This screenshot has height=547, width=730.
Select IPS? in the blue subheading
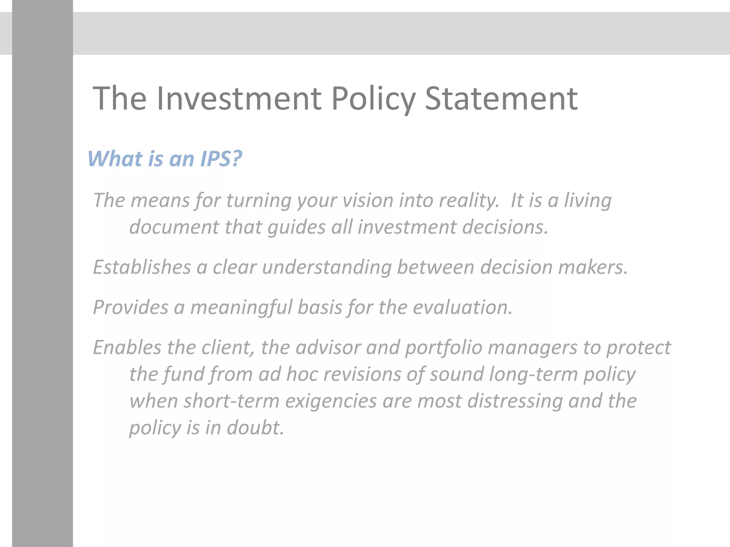click(x=221, y=158)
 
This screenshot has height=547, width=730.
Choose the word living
click(x=588, y=201)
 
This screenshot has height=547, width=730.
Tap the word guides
click(x=296, y=228)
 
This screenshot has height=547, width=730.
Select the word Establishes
click(x=142, y=267)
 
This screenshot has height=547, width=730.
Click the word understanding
click(x=327, y=268)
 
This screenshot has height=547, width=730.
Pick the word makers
click(x=592, y=267)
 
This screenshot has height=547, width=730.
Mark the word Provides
click(x=130, y=307)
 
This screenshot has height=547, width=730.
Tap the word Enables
click(x=127, y=347)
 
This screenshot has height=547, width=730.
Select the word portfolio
click(x=443, y=348)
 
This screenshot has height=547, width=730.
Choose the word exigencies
click(x=331, y=401)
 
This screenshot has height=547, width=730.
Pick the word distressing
click(x=515, y=401)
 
